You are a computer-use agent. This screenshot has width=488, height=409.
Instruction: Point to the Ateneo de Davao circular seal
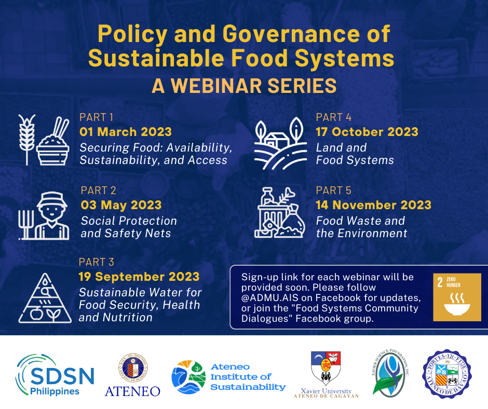pos(446,374)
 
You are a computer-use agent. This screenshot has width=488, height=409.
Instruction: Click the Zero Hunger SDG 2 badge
pos(457,297)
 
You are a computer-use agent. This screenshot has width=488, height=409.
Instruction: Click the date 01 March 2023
pos(126,132)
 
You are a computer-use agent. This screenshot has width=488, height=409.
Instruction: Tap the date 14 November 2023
pos(373,204)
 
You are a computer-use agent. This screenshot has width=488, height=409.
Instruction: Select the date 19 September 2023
pos(139,277)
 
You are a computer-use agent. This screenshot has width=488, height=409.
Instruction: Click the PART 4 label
pos(334,117)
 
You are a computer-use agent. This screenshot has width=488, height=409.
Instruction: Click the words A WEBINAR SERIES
pos(243,86)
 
